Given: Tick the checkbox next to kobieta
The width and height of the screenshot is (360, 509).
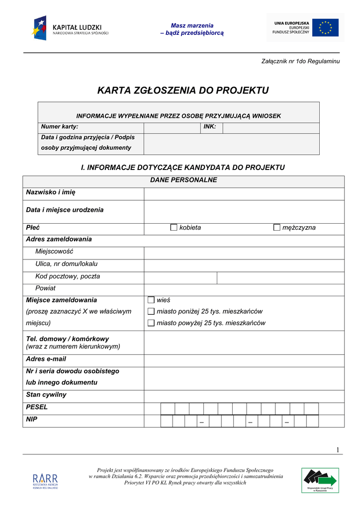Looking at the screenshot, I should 174,228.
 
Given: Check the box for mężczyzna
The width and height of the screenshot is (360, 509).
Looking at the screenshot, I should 277,228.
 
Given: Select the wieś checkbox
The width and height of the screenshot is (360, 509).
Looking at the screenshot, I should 151,300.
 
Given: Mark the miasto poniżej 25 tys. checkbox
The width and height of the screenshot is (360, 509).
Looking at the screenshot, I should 151,312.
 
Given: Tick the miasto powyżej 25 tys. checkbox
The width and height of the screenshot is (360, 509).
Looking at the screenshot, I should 151,323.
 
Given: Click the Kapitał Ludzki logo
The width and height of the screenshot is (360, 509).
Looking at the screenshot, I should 71,28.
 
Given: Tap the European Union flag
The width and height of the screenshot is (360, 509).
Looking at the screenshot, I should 325,28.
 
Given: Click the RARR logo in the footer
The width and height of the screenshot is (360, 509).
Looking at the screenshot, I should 45,481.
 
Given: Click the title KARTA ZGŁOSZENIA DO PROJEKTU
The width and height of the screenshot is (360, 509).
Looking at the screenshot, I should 183,90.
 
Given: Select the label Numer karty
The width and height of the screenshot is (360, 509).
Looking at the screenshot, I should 60,127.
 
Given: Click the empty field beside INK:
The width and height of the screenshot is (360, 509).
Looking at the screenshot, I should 270,128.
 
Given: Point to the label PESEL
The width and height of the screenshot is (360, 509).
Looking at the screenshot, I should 37,407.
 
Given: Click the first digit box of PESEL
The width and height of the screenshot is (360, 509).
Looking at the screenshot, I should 168,409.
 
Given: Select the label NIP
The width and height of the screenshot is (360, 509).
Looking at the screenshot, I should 31,420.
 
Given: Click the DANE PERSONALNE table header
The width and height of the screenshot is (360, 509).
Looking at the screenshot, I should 183,180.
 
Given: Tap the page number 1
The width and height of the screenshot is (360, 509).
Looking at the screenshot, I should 338,450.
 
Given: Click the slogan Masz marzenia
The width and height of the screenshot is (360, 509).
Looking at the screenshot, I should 192,25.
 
